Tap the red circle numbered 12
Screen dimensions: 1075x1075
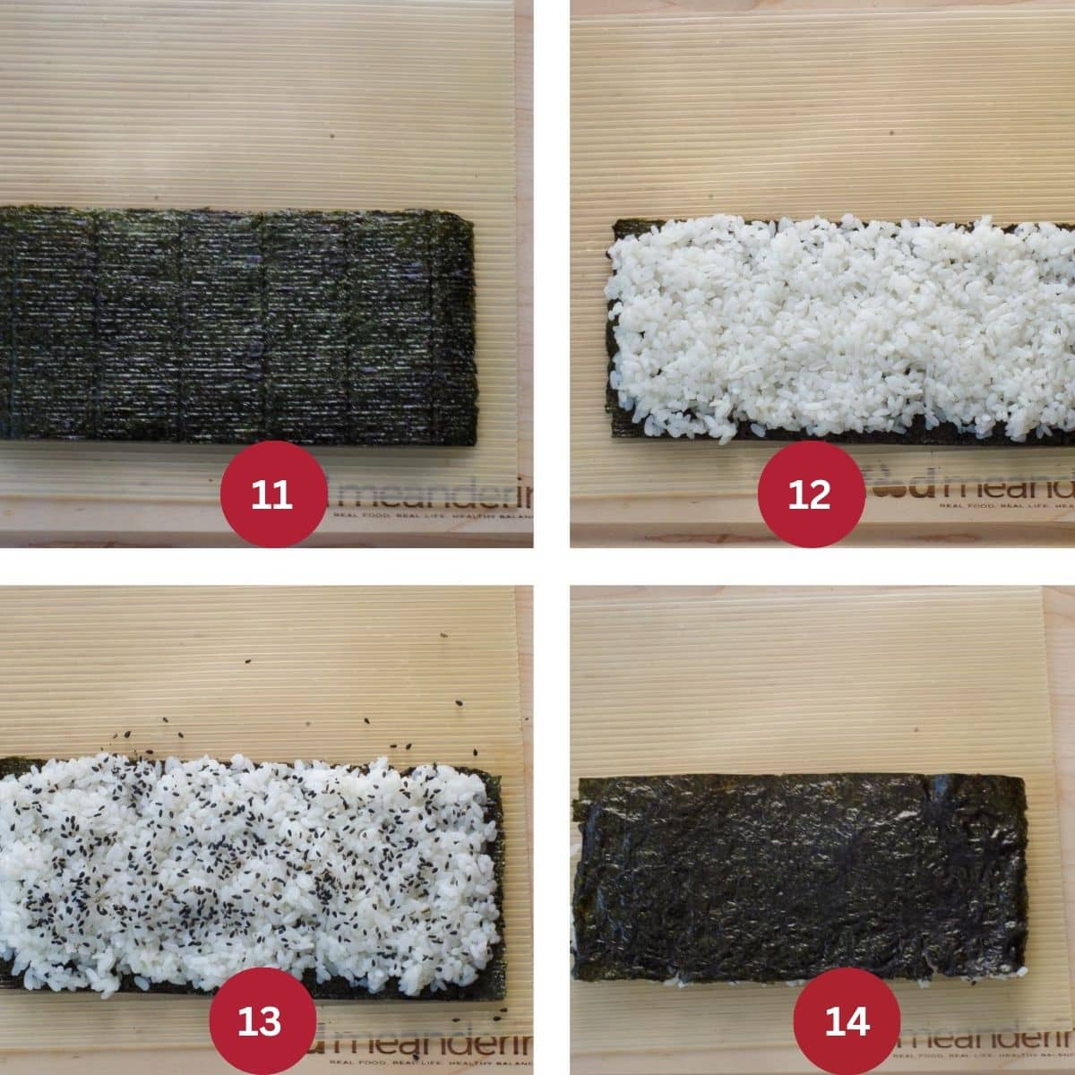pyautogui.click(x=811, y=494)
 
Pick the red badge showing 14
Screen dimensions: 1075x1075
pyautogui.click(x=847, y=1020)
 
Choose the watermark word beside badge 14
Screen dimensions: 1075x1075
pyautogui.click(x=985, y=1039)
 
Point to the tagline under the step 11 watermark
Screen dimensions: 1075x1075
pyautogui.click(x=430, y=517)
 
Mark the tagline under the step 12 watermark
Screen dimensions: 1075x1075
pyautogui.click(x=1003, y=507)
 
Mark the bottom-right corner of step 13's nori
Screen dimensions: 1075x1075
pyautogui.click(x=503, y=994)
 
